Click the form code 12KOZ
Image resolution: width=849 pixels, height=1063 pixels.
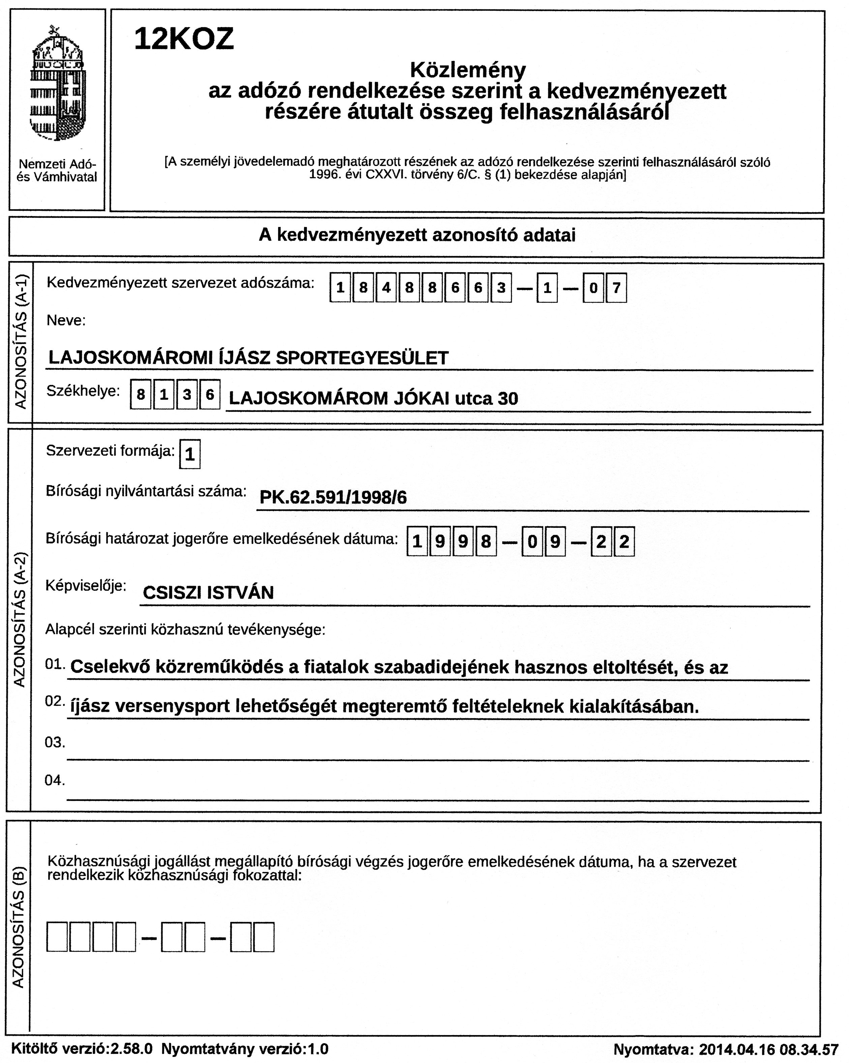183,39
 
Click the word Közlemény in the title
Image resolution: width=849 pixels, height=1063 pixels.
468,70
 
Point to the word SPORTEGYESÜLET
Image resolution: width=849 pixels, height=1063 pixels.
362,358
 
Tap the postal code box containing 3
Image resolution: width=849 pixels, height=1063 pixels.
186,394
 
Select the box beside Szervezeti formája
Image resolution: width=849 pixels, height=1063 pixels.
190,454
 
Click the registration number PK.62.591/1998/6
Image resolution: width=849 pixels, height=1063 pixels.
333,497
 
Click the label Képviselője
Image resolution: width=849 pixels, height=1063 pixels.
86,586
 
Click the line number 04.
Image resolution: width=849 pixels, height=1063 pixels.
55,780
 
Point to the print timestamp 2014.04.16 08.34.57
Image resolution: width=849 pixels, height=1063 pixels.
768,1049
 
